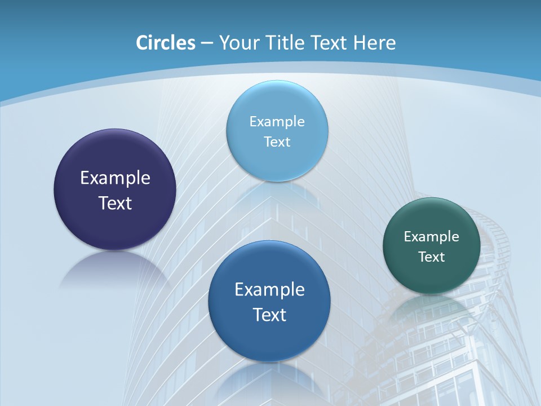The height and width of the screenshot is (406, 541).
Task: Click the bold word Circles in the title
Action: click(166, 43)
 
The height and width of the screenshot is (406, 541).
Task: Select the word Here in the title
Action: click(374, 43)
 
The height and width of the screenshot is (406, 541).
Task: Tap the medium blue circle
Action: click(269, 338)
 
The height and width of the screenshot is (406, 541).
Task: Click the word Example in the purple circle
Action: click(115, 178)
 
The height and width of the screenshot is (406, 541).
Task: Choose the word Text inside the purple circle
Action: click(115, 203)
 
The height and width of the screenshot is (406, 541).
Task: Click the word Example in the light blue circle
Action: click(277, 121)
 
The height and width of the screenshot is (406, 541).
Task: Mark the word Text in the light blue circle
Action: click(277, 142)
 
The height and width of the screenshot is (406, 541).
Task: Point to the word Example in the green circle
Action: click(432, 236)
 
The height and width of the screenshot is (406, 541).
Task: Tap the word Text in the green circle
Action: click(432, 257)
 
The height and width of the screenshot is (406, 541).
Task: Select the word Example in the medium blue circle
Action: click(269, 290)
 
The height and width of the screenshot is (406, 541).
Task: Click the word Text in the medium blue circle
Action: click(269, 315)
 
